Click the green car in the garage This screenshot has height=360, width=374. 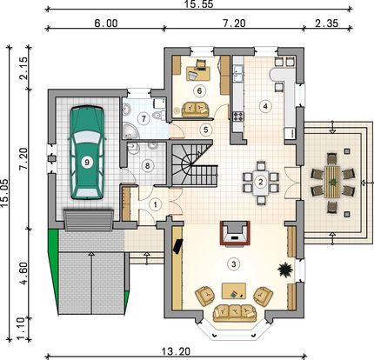tap(87, 153)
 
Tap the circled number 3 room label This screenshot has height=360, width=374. tap(233, 264)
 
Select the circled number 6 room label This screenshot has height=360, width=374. tap(199, 90)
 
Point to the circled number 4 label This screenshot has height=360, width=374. tap(265, 106)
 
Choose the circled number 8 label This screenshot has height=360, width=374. tap(147, 166)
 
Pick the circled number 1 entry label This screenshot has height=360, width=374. tap(156, 205)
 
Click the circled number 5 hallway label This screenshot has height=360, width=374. tap(205, 130)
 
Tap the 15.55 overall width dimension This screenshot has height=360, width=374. tap(199, 4)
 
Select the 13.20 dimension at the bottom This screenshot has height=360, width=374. tap(176, 351)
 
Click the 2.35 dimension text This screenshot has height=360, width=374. tap(327, 23)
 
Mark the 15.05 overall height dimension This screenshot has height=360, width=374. tap(4, 193)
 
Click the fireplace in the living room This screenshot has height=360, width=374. tap(235, 233)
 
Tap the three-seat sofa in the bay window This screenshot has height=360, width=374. tap(235, 313)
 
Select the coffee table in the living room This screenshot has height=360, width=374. tap(234, 290)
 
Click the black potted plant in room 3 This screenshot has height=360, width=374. tap(285, 270)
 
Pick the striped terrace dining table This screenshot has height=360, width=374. tap(332, 182)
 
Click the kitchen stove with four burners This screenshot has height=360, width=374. tap(238, 117)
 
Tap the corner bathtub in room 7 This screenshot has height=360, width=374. tap(130, 130)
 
